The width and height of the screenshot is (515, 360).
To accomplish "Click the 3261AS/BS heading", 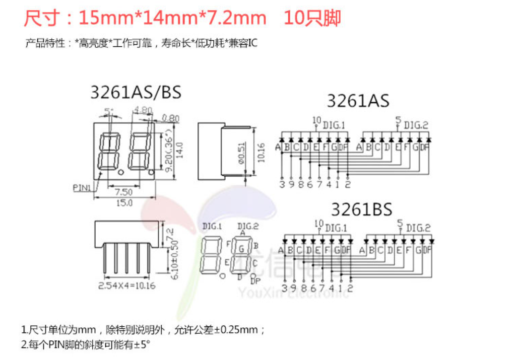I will point(135,92).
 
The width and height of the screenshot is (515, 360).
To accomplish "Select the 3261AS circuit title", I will point(358,100).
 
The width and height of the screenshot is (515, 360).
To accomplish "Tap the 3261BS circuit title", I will point(361,209).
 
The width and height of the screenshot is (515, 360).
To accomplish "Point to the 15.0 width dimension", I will point(124,203).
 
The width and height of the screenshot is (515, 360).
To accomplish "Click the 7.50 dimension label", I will point(123,192).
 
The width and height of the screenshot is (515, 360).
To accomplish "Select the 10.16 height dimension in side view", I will point(260,151).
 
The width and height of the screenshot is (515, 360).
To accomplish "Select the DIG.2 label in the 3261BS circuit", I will point(418,228).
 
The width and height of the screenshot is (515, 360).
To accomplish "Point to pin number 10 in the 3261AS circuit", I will point(316,120).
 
